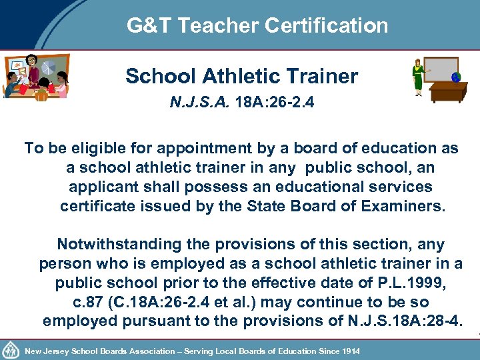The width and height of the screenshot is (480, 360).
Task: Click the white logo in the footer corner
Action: (10, 349)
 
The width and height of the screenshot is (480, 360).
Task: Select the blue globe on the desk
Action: (456, 77)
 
